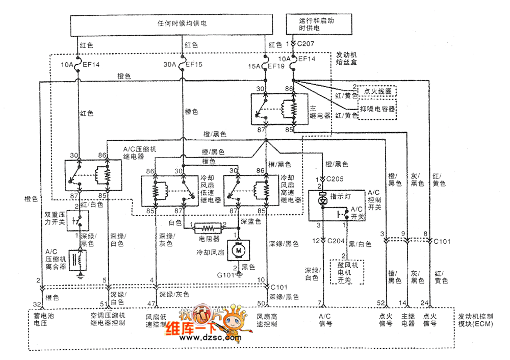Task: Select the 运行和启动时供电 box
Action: click(319, 24)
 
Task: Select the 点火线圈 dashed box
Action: click(377, 91)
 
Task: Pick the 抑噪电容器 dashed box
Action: click(377, 109)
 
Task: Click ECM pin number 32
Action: click(36, 304)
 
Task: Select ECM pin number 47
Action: click(151, 304)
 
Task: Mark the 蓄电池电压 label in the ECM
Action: click(43, 320)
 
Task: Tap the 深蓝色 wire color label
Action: click(251, 222)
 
